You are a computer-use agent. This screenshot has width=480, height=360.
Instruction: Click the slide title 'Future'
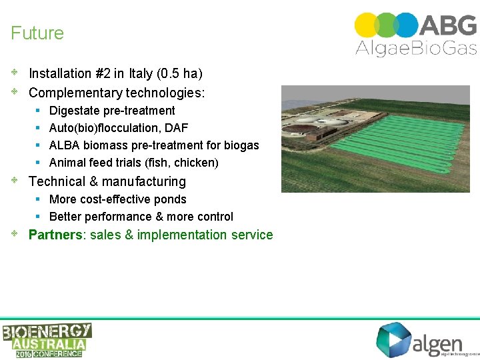(37, 33)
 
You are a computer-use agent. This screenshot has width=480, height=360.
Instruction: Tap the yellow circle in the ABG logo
(366, 25)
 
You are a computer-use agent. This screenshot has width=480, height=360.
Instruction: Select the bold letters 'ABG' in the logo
(448, 25)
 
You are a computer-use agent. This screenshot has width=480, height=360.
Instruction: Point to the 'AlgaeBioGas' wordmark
(416, 47)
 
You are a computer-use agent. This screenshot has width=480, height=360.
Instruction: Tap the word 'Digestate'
(74, 111)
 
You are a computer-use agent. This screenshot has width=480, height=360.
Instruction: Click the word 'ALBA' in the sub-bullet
(65, 145)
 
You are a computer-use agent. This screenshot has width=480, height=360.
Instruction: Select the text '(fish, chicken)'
(181, 163)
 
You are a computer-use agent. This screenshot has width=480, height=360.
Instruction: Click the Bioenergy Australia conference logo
(46, 340)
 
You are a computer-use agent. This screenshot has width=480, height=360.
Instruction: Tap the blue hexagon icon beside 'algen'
(393, 339)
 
